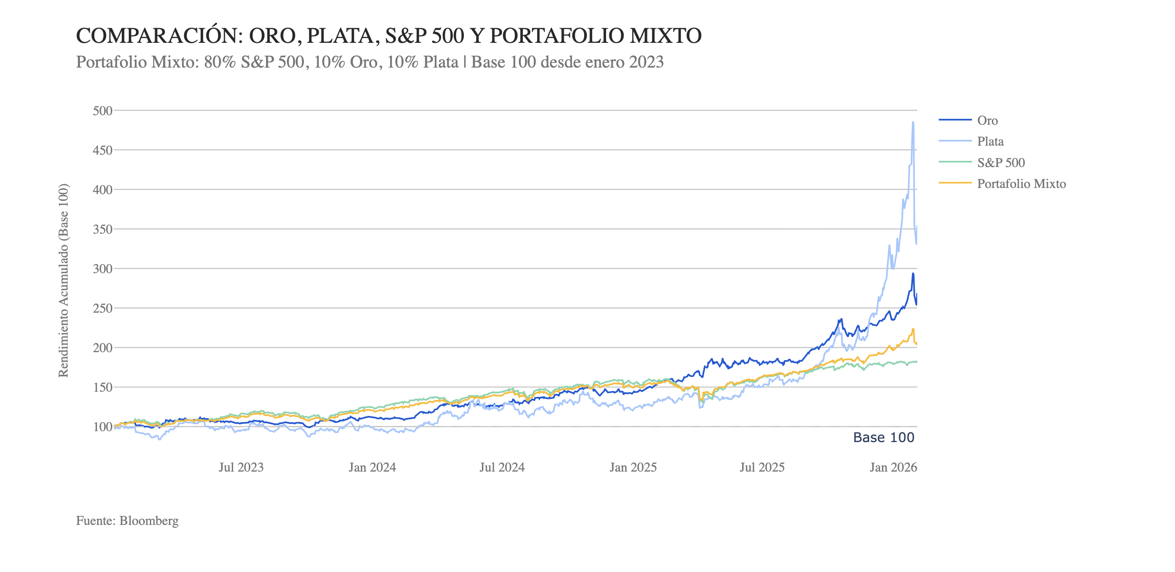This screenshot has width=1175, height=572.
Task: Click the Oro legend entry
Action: (x=987, y=120)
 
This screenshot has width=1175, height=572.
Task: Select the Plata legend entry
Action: (x=990, y=141)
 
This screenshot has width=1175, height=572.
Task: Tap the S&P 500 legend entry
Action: (x=1000, y=163)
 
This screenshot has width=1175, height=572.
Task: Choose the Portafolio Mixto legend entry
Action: (x=1021, y=184)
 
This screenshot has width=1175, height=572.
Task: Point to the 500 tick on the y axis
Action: (x=103, y=111)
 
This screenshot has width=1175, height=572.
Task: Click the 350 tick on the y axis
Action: (x=103, y=229)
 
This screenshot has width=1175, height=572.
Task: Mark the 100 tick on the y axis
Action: (x=103, y=427)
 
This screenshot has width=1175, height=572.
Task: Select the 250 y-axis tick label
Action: (x=103, y=308)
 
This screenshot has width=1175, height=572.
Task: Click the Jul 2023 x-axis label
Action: (x=241, y=467)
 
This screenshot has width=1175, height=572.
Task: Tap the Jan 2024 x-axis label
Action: (x=372, y=467)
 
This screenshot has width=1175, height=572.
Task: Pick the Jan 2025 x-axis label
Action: (x=633, y=467)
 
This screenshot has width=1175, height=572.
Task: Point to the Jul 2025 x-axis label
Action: (x=762, y=467)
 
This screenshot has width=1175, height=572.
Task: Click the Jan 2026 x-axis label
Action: (x=893, y=467)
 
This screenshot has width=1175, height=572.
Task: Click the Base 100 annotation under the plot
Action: (x=883, y=437)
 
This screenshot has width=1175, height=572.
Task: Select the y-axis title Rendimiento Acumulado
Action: (x=63, y=281)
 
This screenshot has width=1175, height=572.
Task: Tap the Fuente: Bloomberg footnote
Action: (x=127, y=521)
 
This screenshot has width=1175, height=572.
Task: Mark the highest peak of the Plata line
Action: (x=912, y=122)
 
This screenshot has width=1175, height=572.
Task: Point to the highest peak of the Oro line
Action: (x=913, y=274)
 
